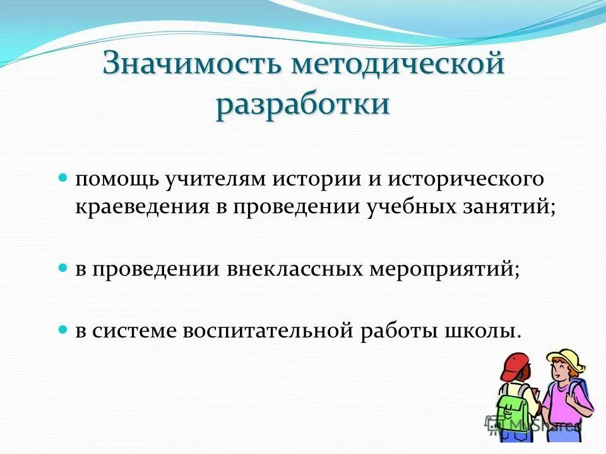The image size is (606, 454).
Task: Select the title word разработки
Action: (x=302, y=104)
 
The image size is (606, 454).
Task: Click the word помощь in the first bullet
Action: (x=117, y=180)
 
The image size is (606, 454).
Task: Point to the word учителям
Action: (x=216, y=180)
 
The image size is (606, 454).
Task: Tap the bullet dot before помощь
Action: (x=62, y=179)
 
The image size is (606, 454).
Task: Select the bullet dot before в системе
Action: (x=62, y=330)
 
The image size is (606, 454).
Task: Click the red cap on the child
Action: (x=515, y=365)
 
